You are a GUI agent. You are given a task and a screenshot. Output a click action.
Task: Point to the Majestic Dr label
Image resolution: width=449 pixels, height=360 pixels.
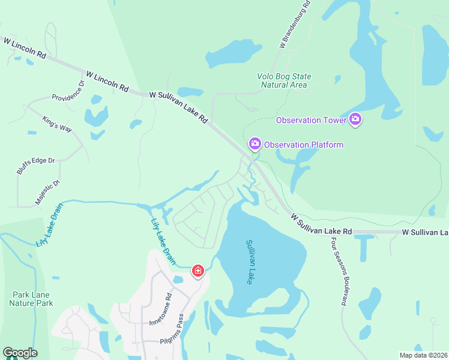point(47,193)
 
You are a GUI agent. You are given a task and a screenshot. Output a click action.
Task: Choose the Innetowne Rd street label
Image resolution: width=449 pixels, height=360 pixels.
point(161,309)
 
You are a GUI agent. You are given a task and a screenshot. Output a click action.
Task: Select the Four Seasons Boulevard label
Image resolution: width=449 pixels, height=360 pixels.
point(337,271)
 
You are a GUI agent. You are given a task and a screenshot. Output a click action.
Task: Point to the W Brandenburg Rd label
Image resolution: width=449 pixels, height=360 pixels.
point(295,24)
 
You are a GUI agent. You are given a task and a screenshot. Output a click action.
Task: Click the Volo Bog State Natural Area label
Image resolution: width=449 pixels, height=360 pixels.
point(284,80)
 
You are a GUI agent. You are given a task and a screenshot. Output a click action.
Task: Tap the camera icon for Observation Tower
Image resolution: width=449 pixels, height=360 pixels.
point(355,120)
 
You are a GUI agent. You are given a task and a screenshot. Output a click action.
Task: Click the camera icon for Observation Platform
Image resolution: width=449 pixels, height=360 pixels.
point(255,144)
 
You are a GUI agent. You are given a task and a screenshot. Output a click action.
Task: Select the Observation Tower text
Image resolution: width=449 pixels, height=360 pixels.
point(311,121)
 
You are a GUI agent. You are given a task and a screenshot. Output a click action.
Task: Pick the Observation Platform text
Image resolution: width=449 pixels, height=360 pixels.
point(304,145)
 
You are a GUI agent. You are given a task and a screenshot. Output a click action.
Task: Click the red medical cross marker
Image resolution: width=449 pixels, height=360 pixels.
point(197,272)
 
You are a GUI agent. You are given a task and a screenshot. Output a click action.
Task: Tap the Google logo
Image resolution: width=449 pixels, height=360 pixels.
point(20,353)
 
